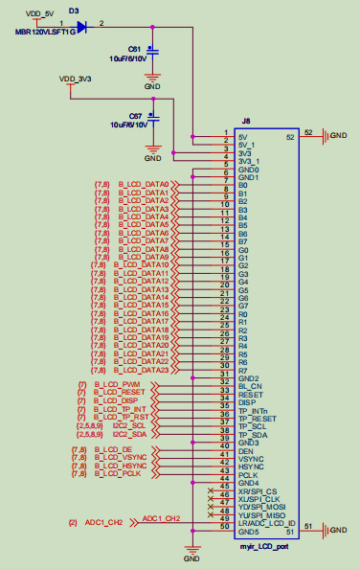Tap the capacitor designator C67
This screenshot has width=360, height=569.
(135, 115)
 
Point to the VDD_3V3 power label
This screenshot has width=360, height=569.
(75, 78)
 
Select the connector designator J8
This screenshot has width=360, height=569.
(246, 121)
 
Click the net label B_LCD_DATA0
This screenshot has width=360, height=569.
(143, 185)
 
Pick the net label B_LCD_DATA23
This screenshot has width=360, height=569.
(144, 370)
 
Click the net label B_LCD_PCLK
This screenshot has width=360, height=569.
(118, 473)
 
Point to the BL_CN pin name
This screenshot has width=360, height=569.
(249, 386)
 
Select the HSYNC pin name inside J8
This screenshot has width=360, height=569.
(251, 467)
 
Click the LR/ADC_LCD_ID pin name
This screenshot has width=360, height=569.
(266, 523)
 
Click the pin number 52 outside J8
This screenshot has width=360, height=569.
(308, 132)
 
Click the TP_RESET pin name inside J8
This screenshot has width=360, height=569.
(257, 419)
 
